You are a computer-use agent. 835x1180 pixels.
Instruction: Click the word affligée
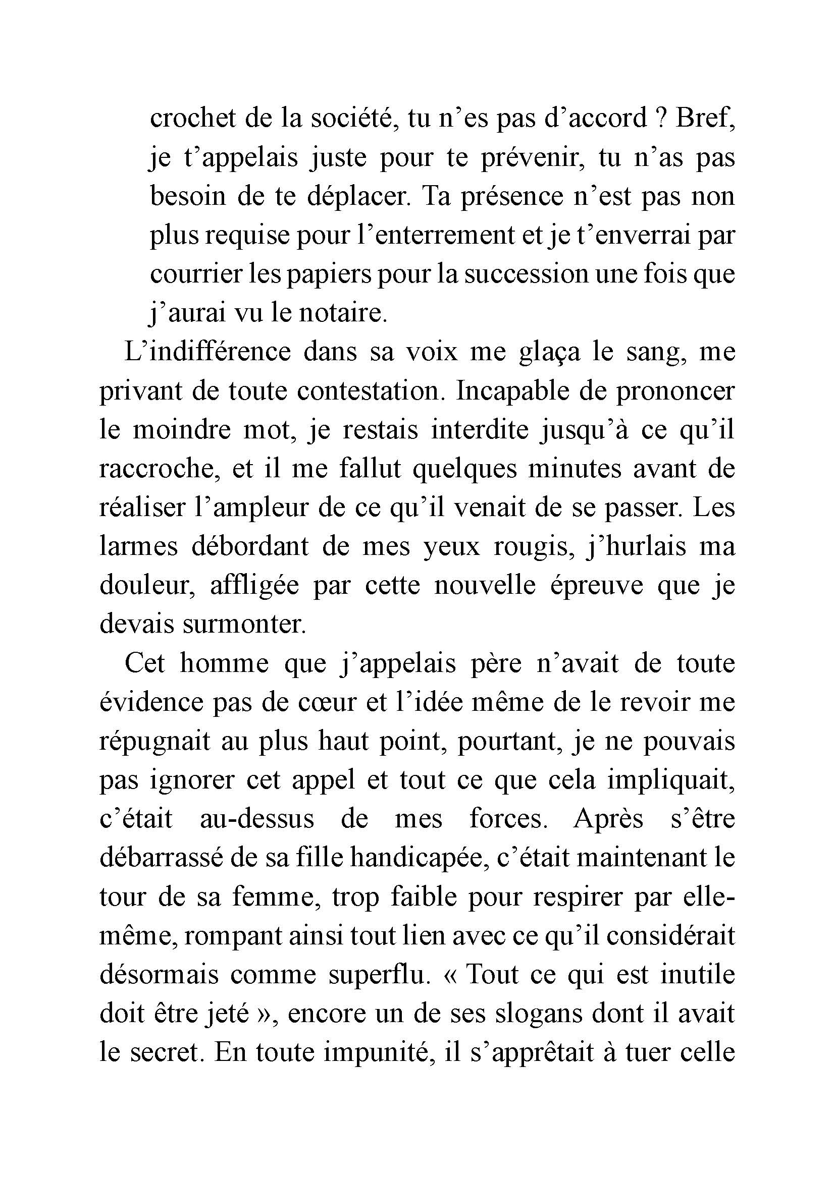click(254, 586)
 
